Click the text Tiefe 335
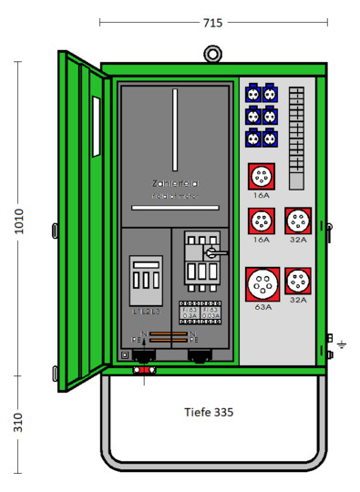pyautogui.click(x=209, y=413)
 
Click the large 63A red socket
pyautogui.click(x=262, y=283)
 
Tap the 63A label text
pyautogui.click(x=262, y=308)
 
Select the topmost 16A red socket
pyautogui.click(x=262, y=175)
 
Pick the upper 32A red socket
pyautogui.click(x=297, y=220)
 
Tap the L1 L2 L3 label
pyautogui.click(x=145, y=312)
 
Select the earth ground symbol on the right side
pyautogui.click(x=341, y=344)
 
